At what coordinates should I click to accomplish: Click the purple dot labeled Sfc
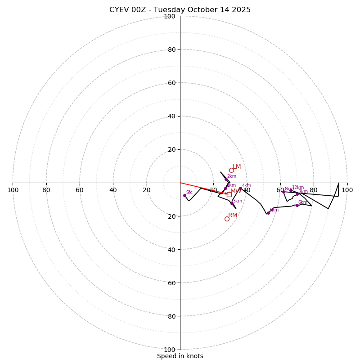(184, 195)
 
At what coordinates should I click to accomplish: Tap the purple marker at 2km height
(226, 179)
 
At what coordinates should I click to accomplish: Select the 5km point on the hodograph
(268, 213)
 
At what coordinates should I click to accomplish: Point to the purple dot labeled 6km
(297, 205)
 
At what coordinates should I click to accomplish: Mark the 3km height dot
(232, 203)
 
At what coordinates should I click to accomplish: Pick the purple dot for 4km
(240, 189)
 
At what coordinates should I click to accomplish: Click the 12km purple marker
(291, 190)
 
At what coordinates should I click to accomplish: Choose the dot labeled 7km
(297, 194)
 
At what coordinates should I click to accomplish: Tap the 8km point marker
(283, 192)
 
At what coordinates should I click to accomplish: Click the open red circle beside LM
(231, 170)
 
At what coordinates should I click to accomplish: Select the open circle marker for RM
(227, 219)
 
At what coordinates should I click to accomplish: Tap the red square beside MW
(229, 194)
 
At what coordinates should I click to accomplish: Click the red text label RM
(233, 216)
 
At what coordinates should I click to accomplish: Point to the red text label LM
(237, 167)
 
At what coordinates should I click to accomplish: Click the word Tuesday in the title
(175, 10)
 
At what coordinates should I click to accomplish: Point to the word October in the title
(206, 10)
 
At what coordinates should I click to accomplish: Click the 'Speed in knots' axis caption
(180, 356)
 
